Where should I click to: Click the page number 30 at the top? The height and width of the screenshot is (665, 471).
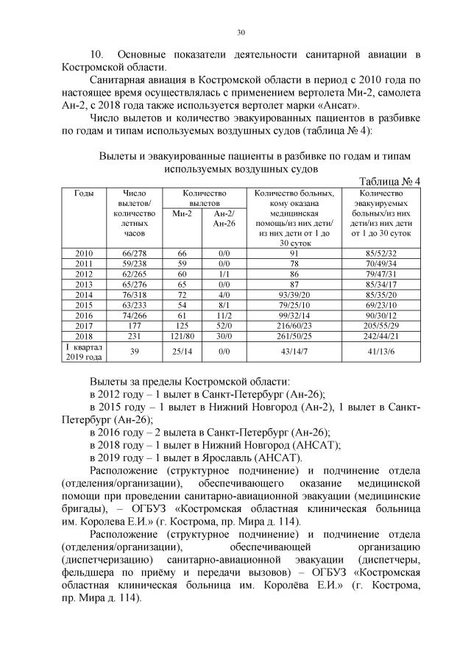pos(240,32)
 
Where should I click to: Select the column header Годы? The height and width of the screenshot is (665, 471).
pos(84,193)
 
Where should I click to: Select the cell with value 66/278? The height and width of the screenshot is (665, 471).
pos(135,254)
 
